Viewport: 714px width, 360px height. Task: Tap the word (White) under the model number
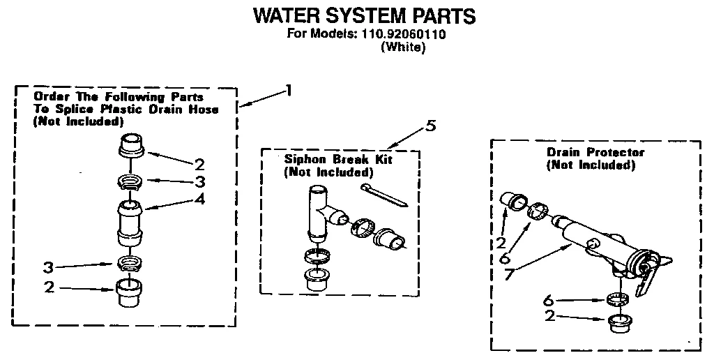click(403, 48)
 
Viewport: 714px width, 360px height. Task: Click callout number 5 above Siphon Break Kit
click(431, 126)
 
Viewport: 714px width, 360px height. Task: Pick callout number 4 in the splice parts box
click(201, 199)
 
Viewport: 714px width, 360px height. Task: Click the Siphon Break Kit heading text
click(338, 160)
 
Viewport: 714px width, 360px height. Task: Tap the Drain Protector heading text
click(595, 152)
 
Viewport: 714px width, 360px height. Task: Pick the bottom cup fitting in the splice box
click(129, 293)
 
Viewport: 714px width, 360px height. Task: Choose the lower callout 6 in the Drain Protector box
click(549, 300)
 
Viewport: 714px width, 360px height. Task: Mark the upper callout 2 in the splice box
click(199, 165)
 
